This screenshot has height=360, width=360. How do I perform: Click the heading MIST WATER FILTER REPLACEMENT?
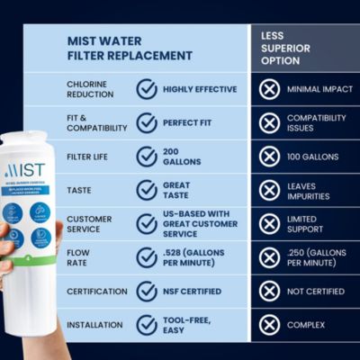pyautogui.click(x=130, y=48)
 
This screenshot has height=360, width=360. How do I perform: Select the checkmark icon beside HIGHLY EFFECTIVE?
pyautogui.click(x=146, y=89)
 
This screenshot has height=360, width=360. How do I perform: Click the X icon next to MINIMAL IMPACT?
pyautogui.click(x=269, y=89)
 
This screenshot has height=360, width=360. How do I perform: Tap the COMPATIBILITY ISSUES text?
pyautogui.click(x=315, y=122)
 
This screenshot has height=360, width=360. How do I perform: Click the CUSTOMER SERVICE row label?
pyautogui.click(x=89, y=224)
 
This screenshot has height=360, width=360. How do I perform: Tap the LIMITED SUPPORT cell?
pyautogui.click(x=310, y=224)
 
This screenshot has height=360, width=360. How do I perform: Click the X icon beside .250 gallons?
pyautogui.click(x=269, y=257)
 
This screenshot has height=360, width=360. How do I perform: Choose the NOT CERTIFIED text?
pyautogui.click(x=315, y=292)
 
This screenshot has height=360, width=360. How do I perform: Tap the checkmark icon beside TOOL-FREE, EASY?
pyautogui.click(x=146, y=325)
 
